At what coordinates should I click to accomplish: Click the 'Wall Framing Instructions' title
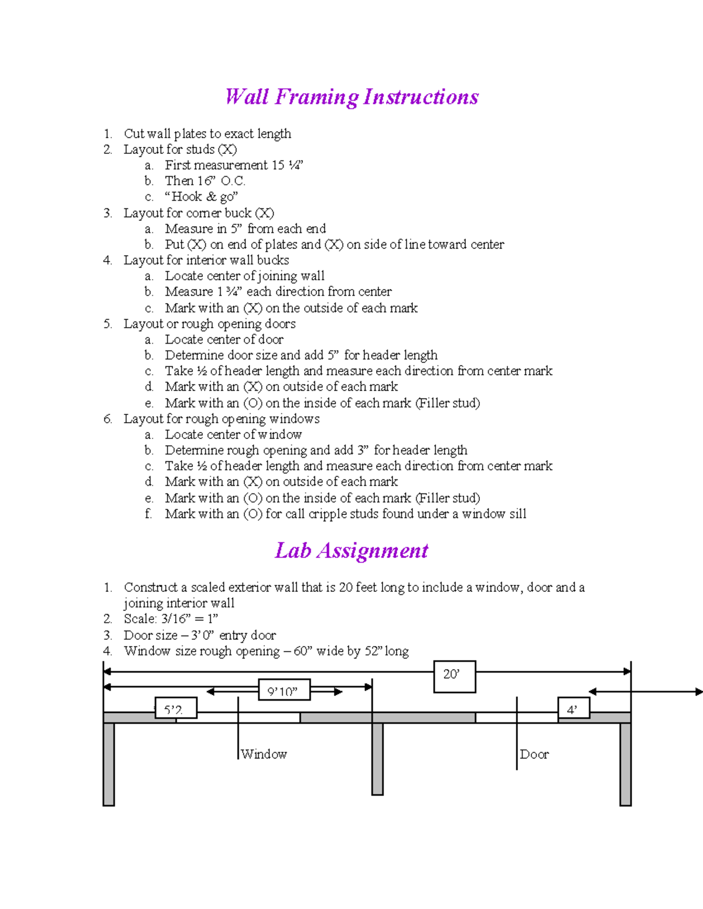(x=351, y=97)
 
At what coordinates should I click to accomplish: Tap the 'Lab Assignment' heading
(x=351, y=551)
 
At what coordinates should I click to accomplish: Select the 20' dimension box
(x=454, y=676)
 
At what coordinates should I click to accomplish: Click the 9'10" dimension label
(x=284, y=691)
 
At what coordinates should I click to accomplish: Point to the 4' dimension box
(x=573, y=708)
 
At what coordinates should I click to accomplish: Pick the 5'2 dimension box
(x=175, y=708)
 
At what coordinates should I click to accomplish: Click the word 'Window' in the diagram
(x=264, y=754)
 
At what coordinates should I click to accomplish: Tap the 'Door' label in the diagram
(x=534, y=754)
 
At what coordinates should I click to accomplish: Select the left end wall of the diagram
(x=108, y=764)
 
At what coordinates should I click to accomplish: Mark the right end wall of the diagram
(x=625, y=764)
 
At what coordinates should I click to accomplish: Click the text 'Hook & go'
(x=202, y=197)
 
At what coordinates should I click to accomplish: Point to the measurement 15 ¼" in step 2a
(x=287, y=166)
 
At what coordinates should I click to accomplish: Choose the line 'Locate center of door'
(x=224, y=339)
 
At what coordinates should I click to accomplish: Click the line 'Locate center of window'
(x=233, y=434)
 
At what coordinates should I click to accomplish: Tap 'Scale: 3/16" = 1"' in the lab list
(x=170, y=619)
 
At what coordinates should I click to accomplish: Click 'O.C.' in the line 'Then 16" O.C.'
(x=233, y=181)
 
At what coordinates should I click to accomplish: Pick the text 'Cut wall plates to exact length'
(x=207, y=134)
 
